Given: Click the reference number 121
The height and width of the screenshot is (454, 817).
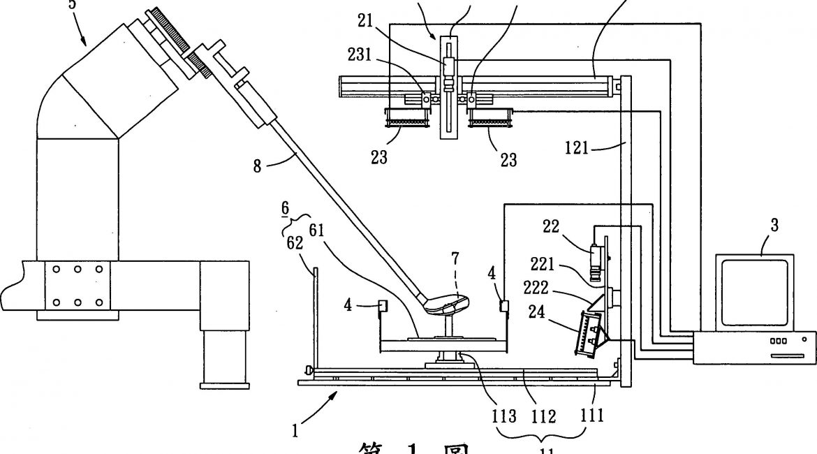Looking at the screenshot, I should [579, 149].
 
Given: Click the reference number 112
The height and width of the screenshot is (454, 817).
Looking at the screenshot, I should [544, 416].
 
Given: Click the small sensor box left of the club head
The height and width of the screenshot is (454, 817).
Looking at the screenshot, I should [383, 306].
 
